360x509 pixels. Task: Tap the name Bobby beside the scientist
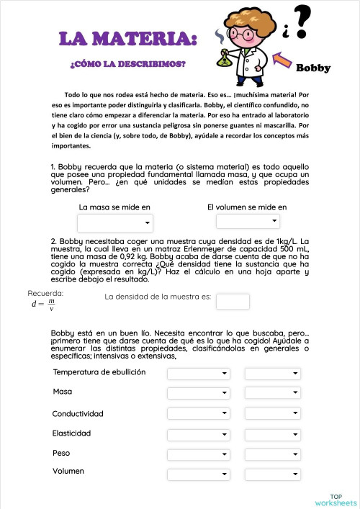pos(313,68)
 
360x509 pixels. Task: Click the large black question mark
pos(305,23)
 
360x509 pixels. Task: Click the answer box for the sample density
pos(233,302)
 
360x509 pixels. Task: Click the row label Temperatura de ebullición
pos(99,372)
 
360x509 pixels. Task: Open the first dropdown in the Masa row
pos(199,393)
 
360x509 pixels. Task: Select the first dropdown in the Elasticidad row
pos(199,434)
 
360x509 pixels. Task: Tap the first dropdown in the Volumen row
pos(199,474)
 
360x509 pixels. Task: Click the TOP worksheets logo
pos(336,500)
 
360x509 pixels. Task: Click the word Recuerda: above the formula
pos(45,293)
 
